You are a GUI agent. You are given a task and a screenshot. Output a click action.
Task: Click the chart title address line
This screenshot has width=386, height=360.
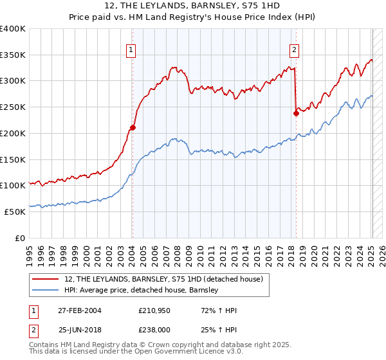pyautogui.click(x=193, y=6)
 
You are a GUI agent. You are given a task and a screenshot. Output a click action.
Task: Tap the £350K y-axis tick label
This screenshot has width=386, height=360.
pyautogui.click(x=13, y=55)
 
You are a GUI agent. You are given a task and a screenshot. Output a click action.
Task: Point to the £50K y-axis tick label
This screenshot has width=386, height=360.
pyautogui.click(x=15, y=212)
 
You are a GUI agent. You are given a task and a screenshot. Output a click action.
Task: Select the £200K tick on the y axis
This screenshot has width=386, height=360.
pyautogui.click(x=13, y=134)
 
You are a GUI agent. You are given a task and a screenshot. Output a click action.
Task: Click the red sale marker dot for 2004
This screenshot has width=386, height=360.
pyautogui.click(x=133, y=127)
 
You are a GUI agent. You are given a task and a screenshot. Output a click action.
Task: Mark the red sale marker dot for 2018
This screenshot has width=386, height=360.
pyautogui.click(x=296, y=113)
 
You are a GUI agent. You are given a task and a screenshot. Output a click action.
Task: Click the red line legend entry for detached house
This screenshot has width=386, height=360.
pyautogui.click(x=163, y=280)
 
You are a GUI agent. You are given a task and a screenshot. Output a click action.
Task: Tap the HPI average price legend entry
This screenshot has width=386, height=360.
pyautogui.click(x=142, y=291)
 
